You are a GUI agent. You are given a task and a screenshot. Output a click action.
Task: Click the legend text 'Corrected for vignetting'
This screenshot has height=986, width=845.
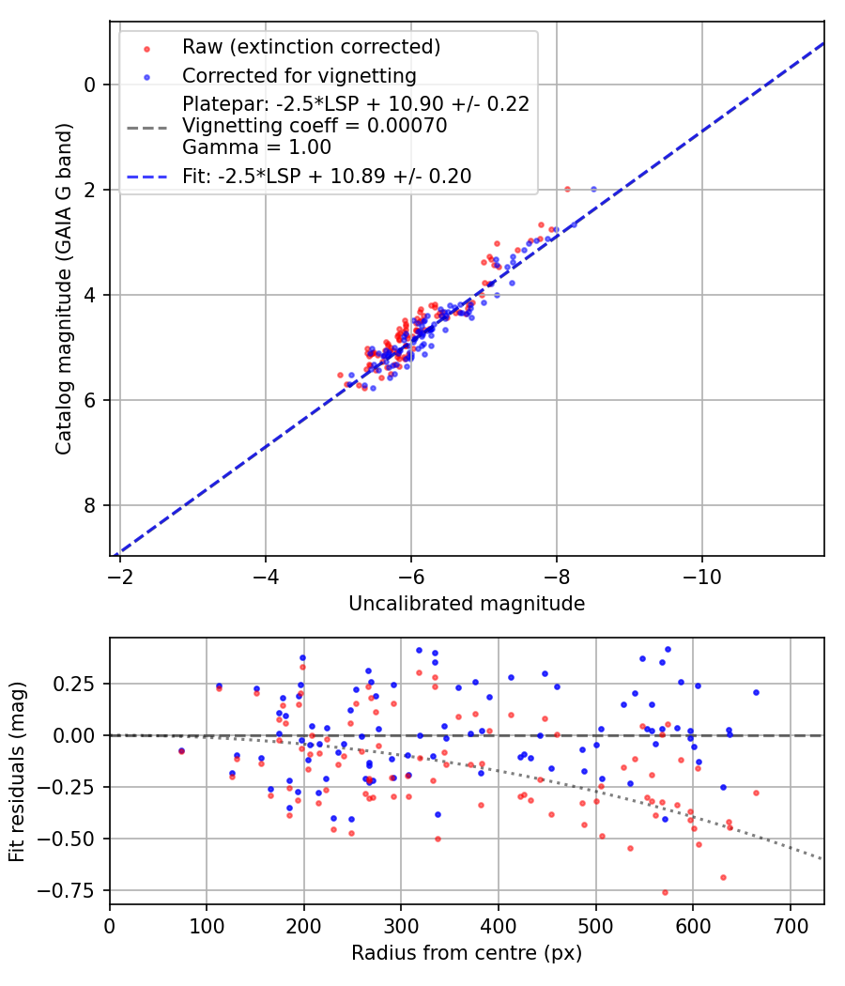[x=300, y=75]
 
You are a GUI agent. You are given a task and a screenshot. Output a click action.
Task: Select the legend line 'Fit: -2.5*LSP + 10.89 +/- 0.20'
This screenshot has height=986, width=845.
[x=327, y=176]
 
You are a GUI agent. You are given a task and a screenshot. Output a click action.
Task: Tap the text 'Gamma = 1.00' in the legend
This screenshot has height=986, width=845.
[x=256, y=146]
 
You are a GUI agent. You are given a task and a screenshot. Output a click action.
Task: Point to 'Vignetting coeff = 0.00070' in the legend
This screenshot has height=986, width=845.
[x=315, y=125]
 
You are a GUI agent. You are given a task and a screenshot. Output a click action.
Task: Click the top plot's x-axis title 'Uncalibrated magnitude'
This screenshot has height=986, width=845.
[x=467, y=604]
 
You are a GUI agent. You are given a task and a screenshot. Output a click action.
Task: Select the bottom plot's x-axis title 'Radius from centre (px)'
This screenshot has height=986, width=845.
[x=467, y=953]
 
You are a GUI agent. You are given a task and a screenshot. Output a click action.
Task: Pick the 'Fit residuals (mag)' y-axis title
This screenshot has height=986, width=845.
[x=17, y=771]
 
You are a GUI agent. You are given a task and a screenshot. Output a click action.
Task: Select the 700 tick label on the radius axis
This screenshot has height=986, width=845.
[x=790, y=924]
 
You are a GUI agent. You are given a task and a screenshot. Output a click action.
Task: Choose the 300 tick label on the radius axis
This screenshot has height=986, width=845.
[x=401, y=924]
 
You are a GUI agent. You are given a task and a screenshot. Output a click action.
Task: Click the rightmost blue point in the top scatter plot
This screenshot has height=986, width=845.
[x=593, y=189]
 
